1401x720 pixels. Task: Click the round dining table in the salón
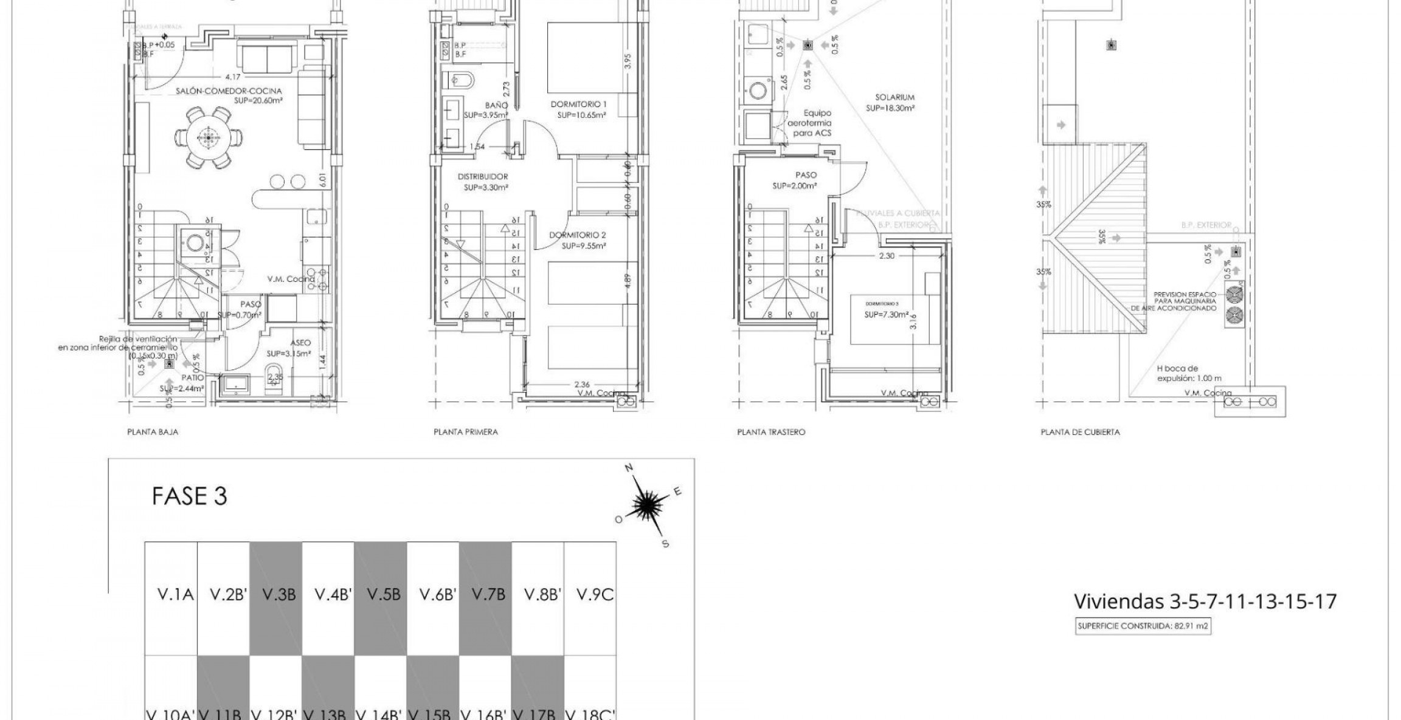209,138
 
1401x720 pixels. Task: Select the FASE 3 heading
189,496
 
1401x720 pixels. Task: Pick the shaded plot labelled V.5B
381,595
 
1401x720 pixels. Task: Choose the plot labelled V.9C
591,595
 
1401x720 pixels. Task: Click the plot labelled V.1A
172,595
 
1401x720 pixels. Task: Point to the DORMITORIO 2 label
578,235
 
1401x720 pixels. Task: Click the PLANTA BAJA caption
152,432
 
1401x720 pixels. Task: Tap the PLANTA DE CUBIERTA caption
1080,433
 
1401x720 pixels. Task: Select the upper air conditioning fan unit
1234,295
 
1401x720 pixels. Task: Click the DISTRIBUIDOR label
483,177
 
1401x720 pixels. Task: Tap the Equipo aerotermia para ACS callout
809,123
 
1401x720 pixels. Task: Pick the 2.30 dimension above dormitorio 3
887,256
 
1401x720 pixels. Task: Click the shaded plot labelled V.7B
486,595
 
